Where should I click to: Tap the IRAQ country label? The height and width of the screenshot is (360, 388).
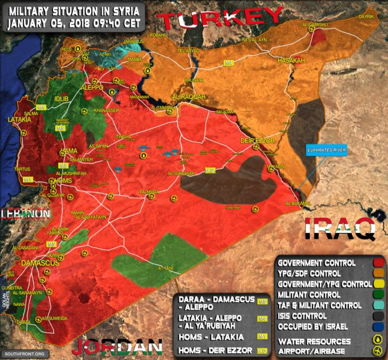tap(339, 229)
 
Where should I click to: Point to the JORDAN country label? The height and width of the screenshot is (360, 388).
tap(117, 346)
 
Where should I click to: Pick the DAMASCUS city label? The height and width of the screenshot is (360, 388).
tap(40, 263)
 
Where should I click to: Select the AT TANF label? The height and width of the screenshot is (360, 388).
tap(168, 268)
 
